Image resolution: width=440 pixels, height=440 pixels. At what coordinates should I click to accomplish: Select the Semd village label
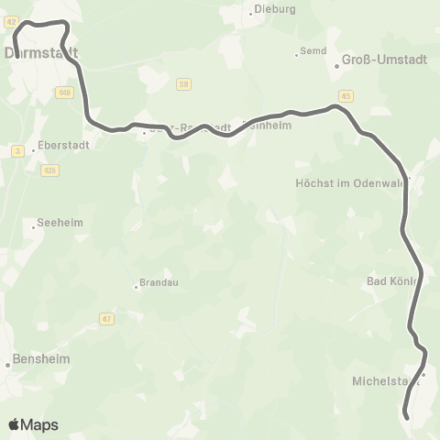(313, 52)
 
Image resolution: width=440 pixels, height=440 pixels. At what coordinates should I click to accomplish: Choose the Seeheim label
(53, 223)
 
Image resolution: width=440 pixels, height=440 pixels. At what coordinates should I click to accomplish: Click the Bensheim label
(41, 358)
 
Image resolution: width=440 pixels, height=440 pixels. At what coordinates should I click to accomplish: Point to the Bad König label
(393, 280)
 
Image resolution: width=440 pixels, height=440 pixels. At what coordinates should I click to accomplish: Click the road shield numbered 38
(184, 84)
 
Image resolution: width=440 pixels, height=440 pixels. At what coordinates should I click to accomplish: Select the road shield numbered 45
(345, 95)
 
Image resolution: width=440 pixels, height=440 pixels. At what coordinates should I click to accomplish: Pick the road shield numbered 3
(17, 150)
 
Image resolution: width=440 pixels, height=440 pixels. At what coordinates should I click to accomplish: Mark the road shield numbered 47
(107, 318)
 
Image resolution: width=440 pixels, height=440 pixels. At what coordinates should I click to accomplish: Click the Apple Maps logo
(33, 424)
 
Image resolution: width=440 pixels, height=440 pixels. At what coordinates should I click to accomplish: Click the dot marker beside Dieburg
(251, 12)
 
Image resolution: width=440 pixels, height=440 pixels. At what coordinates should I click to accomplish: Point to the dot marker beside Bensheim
(8, 364)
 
